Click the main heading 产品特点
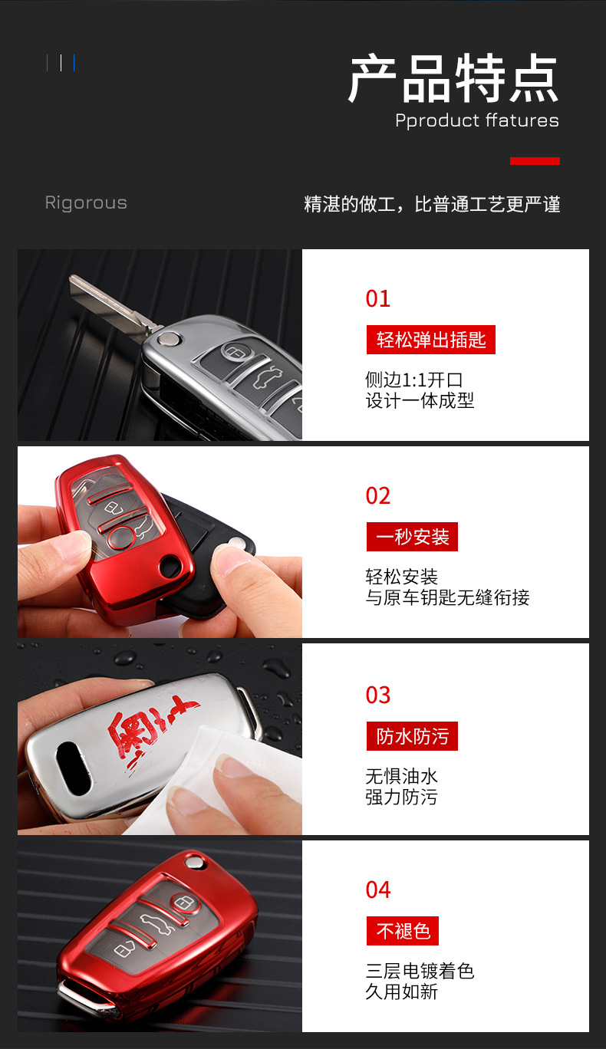click(453, 80)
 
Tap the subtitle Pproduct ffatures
click(476, 120)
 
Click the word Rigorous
click(86, 203)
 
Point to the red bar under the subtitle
click(535, 161)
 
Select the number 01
click(378, 299)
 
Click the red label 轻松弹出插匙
click(431, 339)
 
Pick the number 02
click(378, 496)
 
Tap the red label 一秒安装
click(412, 537)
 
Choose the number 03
click(378, 695)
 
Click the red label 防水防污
click(412, 736)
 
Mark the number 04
click(378, 890)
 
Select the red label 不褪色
click(403, 931)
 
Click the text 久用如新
click(401, 991)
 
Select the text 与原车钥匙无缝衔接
click(447, 597)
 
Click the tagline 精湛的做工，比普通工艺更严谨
click(432, 205)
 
